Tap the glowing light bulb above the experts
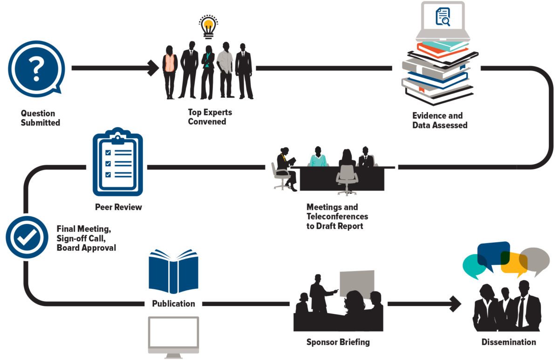(209, 27)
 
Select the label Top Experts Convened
(210, 117)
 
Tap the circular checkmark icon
(27, 237)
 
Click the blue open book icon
(173, 272)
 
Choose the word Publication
(173, 304)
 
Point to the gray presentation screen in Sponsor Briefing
(356, 283)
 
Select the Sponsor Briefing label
(338, 342)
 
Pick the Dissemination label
(509, 342)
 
